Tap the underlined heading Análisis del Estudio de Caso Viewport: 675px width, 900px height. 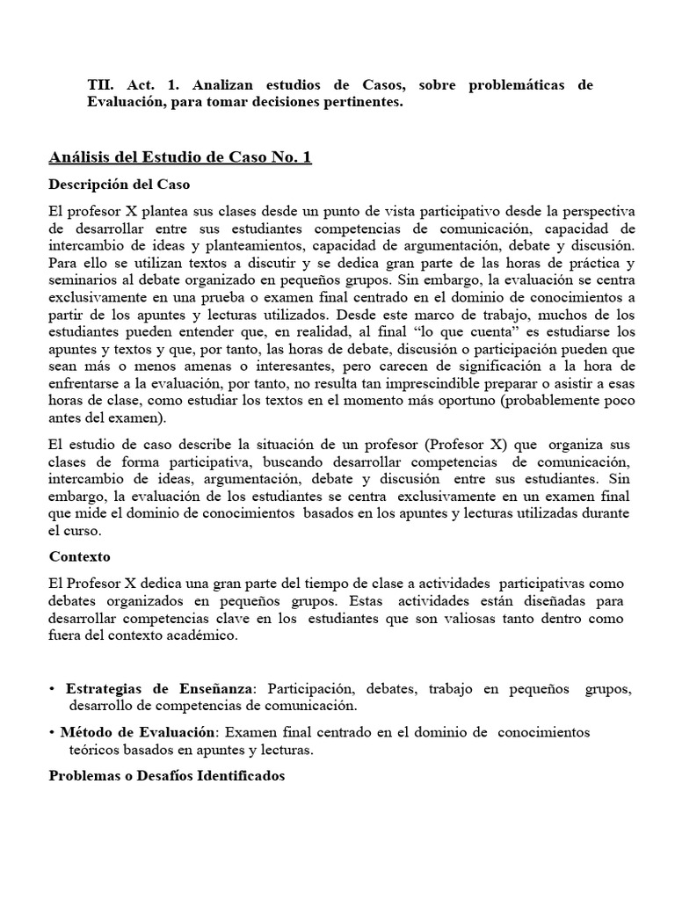pyautogui.click(x=178, y=157)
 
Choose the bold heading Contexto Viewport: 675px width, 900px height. pyautogui.click(x=80, y=557)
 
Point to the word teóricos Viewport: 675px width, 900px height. pyautogui.click(x=94, y=751)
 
